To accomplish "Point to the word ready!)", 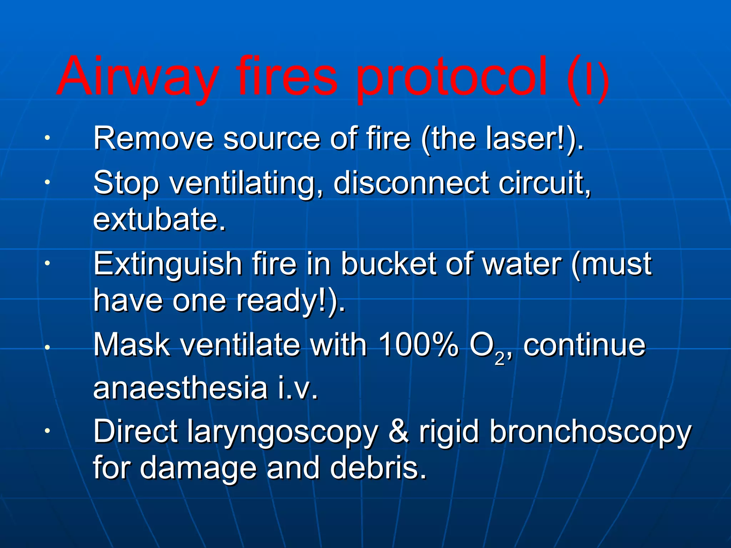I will (x=291, y=300).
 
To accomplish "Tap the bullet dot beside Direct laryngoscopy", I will (x=47, y=431).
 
